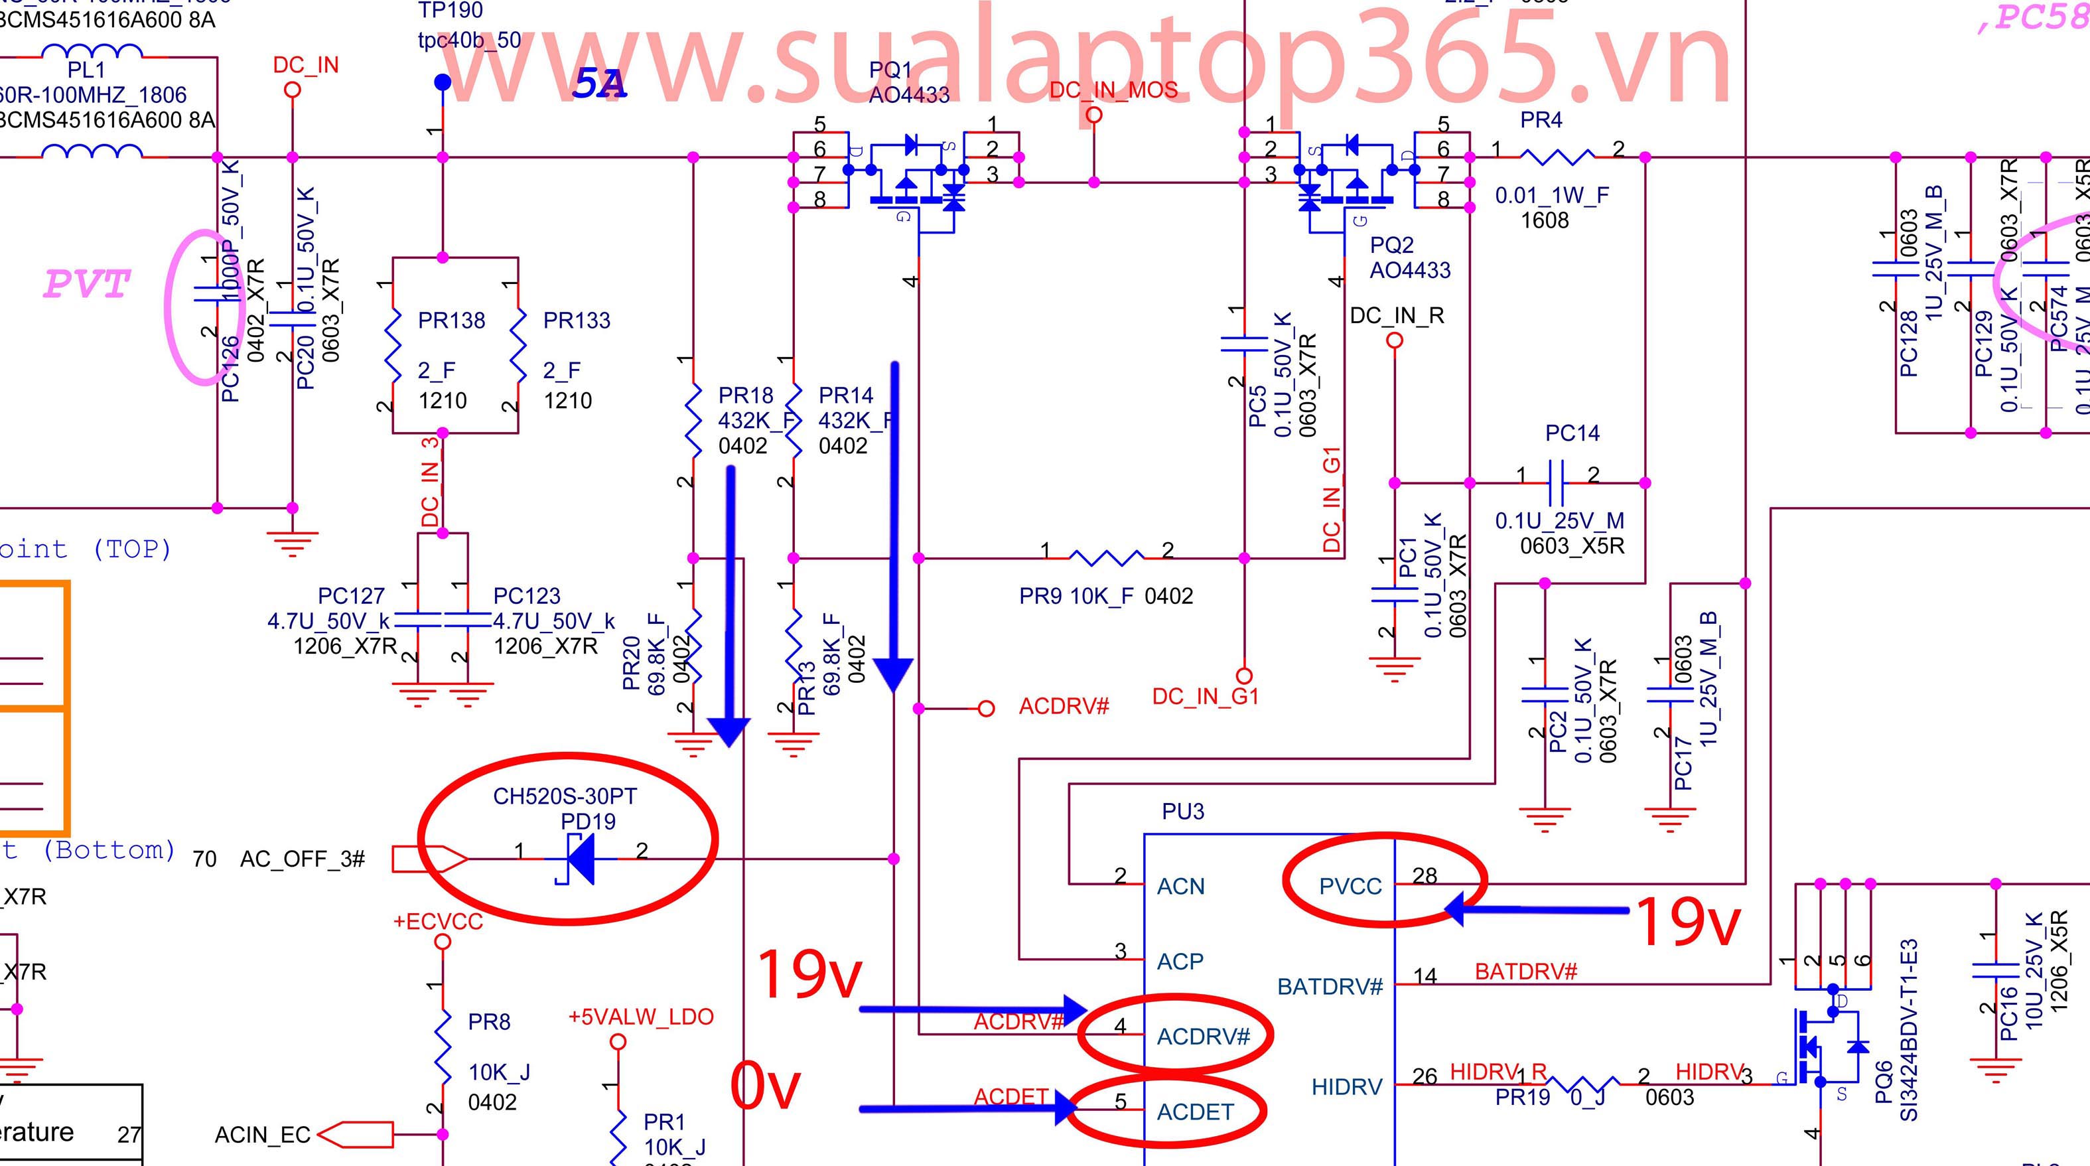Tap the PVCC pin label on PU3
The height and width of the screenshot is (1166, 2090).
tap(1350, 886)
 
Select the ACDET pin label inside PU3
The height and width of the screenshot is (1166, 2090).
tap(1194, 1112)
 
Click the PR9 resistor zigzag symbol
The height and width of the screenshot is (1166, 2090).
tap(1106, 558)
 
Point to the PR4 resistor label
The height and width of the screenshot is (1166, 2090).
tap(1541, 120)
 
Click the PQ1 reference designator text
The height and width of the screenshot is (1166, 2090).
tap(890, 70)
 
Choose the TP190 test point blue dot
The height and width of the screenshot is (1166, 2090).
tap(442, 82)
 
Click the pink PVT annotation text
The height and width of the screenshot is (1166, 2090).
tap(86, 284)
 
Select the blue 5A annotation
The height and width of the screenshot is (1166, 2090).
tap(598, 84)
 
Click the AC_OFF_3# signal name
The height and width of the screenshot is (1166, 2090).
tap(302, 859)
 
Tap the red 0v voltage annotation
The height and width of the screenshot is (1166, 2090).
tap(764, 1086)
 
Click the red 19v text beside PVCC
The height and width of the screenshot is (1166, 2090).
tap(1686, 921)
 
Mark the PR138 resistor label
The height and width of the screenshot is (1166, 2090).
tap(451, 321)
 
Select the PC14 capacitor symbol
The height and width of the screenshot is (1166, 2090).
tap(1556, 482)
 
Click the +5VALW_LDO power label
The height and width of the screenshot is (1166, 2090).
tap(641, 1017)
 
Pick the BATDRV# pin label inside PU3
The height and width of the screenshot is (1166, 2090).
tap(1330, 987)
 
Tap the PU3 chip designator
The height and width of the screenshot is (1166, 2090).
tap(1183, 812)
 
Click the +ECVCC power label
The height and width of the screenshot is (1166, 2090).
tap(438, 922)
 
